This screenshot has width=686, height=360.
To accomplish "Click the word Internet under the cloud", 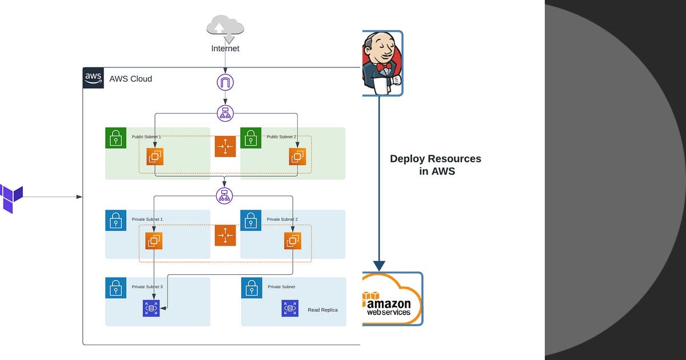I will point(225,49).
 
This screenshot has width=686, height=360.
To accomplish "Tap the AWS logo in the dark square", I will point(93,78).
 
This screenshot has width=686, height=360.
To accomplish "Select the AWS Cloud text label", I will point(131,79).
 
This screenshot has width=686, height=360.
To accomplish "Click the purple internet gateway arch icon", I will point(225,82).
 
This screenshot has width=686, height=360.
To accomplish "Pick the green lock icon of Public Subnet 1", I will point(115,138).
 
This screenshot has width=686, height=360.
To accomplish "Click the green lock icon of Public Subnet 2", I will point(250,138).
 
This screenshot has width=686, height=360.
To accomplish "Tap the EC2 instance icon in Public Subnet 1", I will point(155,157).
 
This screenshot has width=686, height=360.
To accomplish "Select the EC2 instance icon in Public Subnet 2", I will point(297,157).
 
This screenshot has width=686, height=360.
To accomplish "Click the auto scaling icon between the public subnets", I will point(225,147).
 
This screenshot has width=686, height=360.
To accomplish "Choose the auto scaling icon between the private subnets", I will point(225,235).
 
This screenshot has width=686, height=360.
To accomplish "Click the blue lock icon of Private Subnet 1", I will point(115,221).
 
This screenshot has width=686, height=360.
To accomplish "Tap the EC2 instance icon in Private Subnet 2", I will point(293,241).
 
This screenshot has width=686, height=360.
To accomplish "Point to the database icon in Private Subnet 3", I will point(151,309).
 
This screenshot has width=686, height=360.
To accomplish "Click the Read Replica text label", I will point(322,310).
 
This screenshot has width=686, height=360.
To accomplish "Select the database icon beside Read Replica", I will point(290,309).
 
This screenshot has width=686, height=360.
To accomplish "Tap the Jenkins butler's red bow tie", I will point(384,66).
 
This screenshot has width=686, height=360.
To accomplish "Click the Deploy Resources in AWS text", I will point(436,165).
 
